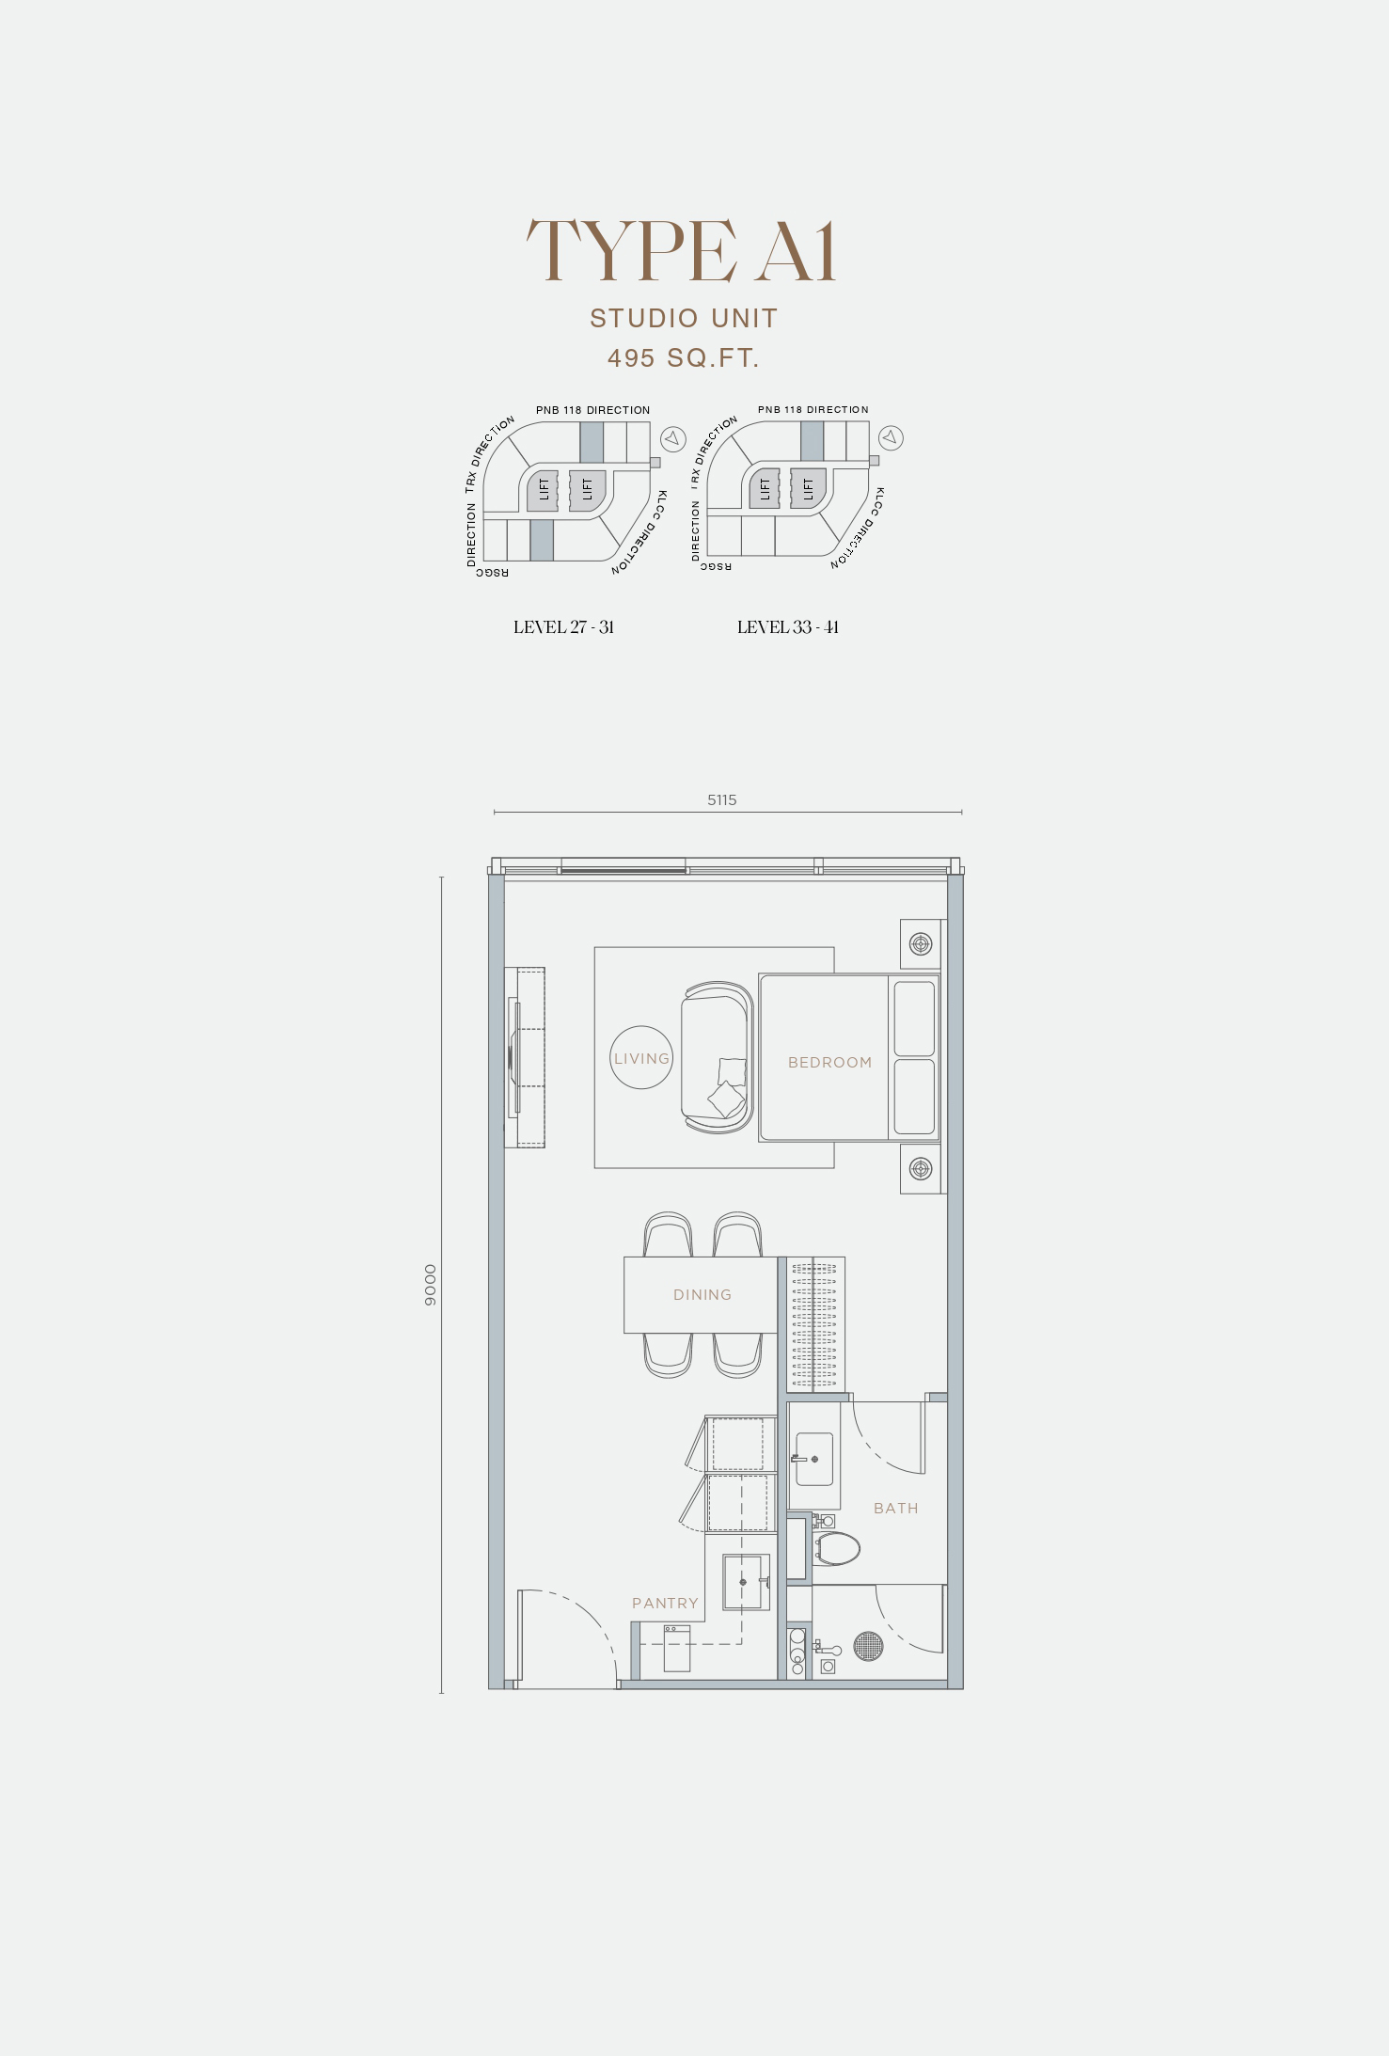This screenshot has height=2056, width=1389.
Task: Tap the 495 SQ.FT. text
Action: (x=684, y=358)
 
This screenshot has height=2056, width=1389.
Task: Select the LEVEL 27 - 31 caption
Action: (x=563, y=627)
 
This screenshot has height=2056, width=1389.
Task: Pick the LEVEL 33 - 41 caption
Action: (x=788, y=627)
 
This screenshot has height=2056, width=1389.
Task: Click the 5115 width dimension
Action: (x=722, y=800)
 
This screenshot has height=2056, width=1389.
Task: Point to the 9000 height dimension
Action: (x=431, y=1285)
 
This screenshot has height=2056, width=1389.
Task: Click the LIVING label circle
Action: (x=641, y=1058)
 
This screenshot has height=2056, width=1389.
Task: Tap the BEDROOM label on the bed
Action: (x=830, y=1063)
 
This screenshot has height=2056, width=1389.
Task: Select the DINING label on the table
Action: (x=702, y=1295)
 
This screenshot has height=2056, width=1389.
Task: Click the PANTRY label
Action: (x=666, y=1604)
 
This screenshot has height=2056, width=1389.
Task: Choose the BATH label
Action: (x=896, y=1509)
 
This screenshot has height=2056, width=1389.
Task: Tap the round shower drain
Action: (x=869, y=1645)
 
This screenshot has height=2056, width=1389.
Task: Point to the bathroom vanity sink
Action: (x=813, y=1459)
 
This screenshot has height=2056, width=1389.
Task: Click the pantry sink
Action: (x=742, y=1582)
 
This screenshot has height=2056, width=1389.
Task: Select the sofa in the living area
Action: (x=718, y=1058)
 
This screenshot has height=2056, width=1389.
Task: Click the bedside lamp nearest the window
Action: (x=921, y=943)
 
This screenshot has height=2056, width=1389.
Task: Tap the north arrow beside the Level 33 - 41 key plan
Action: (x=892, y=438)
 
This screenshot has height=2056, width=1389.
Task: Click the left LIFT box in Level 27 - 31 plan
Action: (x=544, y=491)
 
